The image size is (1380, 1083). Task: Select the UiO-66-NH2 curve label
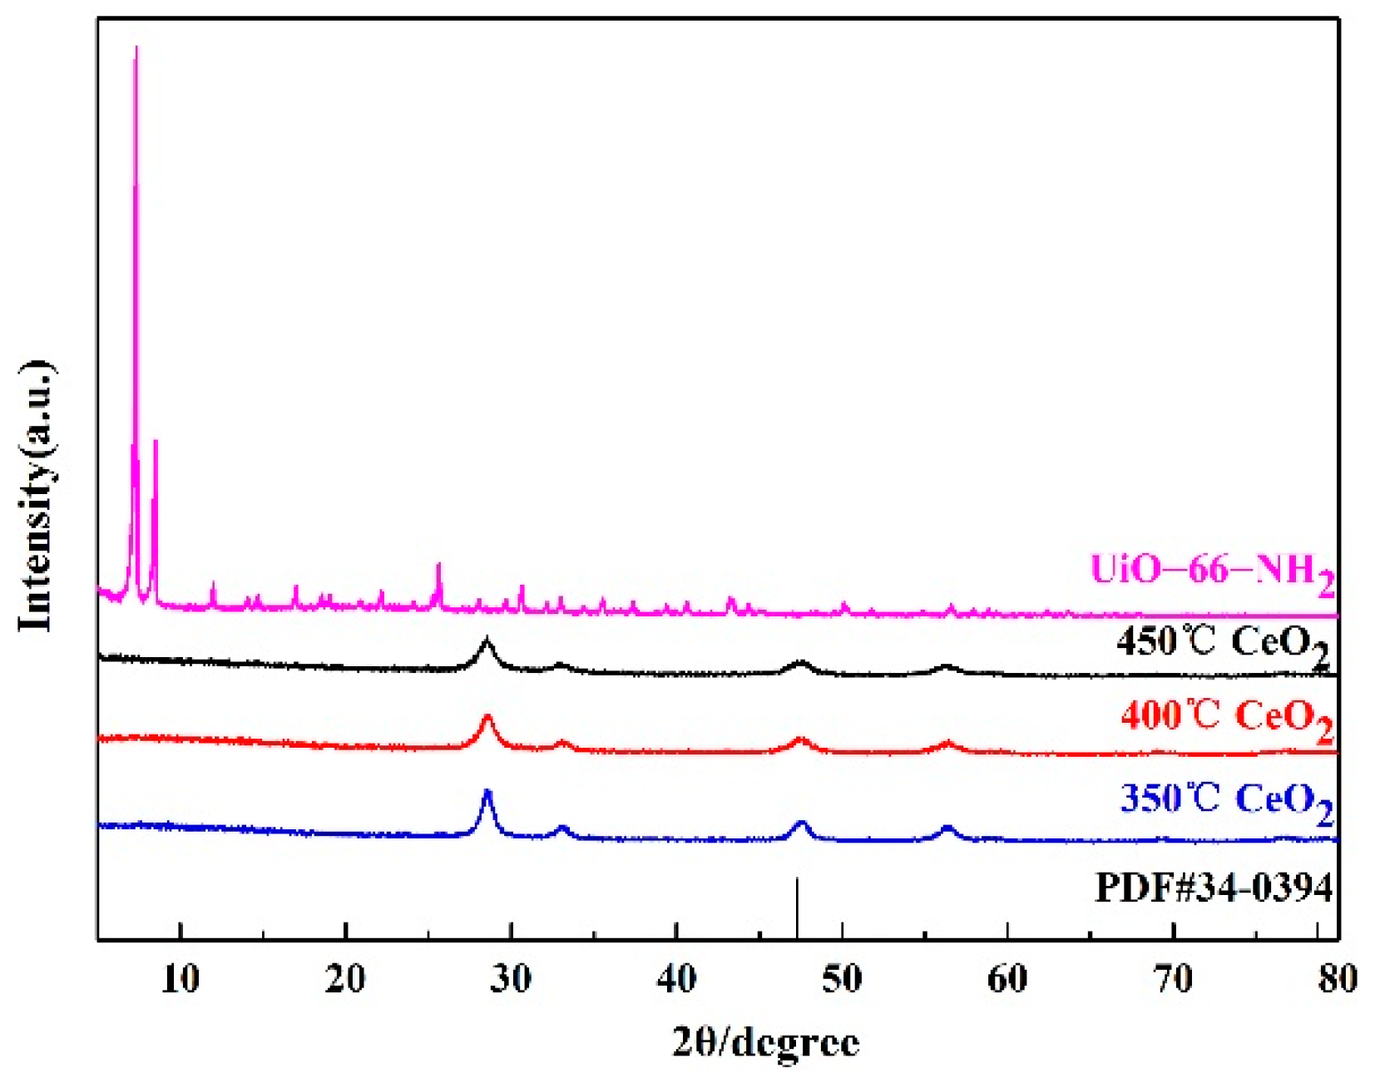pos(1211,572)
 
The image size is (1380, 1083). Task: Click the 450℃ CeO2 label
pos(1222,645)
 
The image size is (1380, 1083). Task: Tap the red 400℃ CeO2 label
pos(1226,718)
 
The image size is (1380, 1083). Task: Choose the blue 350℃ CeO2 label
pos(1226,801)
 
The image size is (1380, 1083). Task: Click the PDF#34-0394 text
pos(1214,888)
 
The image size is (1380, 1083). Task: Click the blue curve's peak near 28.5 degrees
pos(487,794)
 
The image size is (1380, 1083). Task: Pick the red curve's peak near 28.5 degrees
pos(487,718)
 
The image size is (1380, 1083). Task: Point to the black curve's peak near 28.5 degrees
pos(487,641)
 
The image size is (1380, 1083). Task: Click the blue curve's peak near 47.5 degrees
pos(802,823)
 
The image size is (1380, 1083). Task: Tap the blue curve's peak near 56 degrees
pos(947,828)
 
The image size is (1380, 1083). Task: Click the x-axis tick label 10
pos(181,979)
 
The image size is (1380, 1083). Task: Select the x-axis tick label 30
pos(511,979)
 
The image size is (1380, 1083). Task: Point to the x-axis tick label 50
pos(842,979)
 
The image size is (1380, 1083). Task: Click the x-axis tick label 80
pos(1337,979)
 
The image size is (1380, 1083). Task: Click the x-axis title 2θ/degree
pos(765,1041)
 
